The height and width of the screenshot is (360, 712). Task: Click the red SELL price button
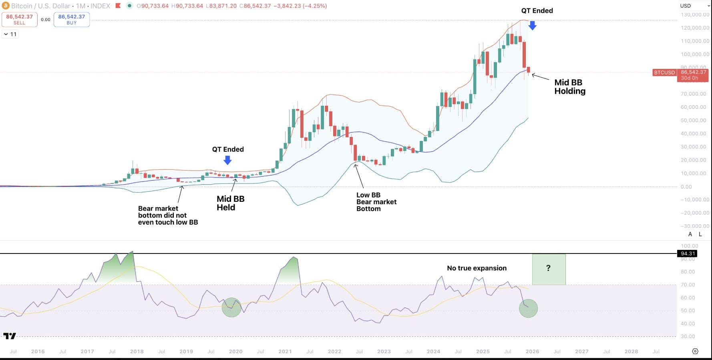(19, 19)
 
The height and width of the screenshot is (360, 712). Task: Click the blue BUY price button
(72, 19)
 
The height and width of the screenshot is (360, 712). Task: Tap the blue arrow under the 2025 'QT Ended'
(532, 26)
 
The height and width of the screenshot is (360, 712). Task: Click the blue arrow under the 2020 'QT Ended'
(227, 160)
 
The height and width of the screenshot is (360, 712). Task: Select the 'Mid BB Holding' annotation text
(569, 87)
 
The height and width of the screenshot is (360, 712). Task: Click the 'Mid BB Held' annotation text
(230, 203)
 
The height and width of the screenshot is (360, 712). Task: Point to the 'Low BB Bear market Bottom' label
(376, 202)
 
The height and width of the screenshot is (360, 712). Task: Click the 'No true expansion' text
(477, 268)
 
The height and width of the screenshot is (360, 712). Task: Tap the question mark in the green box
(548, 268)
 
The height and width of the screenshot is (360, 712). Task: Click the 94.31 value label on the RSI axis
(687, 253)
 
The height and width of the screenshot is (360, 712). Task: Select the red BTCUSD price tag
(664, 72)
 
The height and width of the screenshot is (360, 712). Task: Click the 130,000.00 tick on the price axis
(695, 14)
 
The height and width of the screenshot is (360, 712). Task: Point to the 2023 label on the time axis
(384, 352)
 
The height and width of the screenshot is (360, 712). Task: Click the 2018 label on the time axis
(137, 352)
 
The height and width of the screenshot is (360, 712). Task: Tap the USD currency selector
(693, 6)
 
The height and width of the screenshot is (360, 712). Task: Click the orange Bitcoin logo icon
(5, 6)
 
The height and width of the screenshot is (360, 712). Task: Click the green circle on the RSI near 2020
(231, 308)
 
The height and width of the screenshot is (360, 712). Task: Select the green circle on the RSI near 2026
(528, 308)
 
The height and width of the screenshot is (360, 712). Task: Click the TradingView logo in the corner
(10, 336)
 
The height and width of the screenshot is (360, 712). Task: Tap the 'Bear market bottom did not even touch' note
(168, 215)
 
